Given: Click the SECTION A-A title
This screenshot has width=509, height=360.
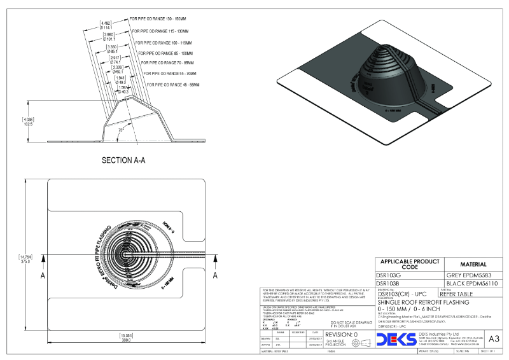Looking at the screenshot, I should [x=124, y=160].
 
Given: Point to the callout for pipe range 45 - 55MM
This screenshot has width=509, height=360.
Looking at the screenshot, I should [x=173, y=84].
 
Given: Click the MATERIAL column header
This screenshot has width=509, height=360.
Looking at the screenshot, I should [x=473, y=264].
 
